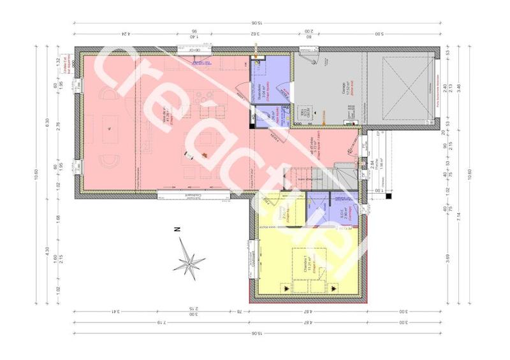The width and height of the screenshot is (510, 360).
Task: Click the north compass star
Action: pyautogui.click(x=191, y=260)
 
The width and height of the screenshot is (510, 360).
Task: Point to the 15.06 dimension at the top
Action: pyautogui.click(x=258, y=23)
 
